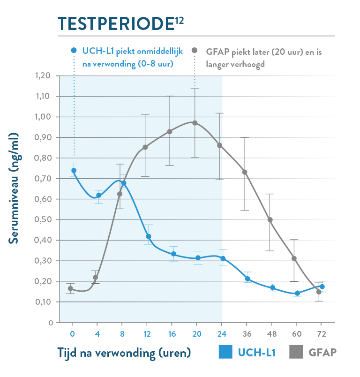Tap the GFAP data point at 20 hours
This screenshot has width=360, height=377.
coord(195,123)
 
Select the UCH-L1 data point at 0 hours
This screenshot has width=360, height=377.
coord(74,171)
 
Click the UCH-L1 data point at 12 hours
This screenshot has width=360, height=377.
coord(149,236)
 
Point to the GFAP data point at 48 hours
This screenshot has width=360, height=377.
coord(270,220)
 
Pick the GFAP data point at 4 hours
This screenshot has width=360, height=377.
coord(96,277)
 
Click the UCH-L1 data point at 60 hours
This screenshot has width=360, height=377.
coord(297,293)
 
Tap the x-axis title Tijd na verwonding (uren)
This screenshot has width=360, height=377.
coord(125,353)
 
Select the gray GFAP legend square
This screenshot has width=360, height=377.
coord(296,353)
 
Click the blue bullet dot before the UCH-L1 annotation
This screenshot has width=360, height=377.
coord(73,51)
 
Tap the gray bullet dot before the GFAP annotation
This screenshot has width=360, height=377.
coord(195,51)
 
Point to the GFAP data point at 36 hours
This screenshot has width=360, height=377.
coord(245,172)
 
